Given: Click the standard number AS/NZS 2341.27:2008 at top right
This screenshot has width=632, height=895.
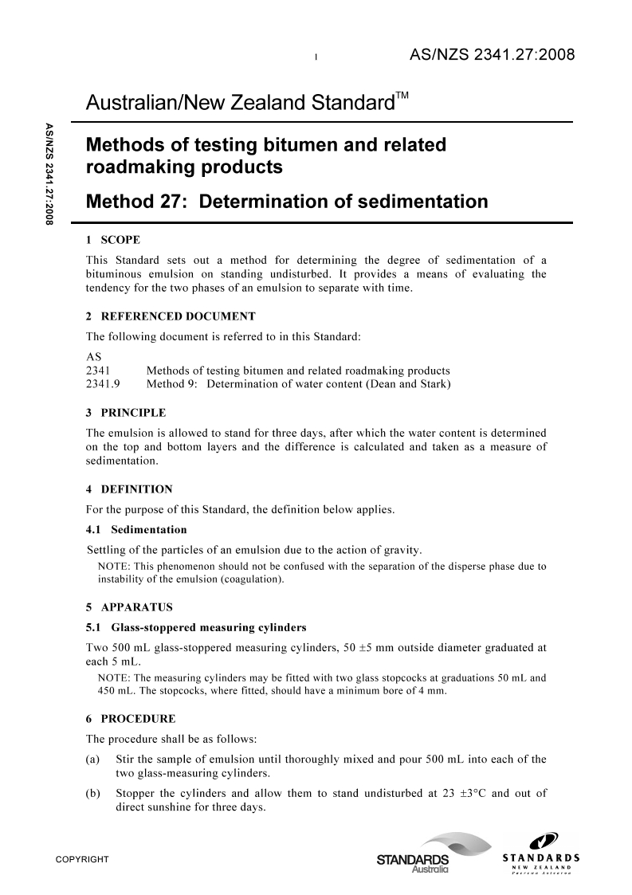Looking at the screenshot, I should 491,55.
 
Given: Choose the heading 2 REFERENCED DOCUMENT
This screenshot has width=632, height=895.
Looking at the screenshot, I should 170,316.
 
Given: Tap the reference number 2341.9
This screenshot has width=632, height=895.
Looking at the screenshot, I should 102,385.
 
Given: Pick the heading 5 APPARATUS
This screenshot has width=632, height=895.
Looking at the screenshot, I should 128,606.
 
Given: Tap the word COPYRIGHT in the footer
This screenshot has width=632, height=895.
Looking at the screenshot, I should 81,859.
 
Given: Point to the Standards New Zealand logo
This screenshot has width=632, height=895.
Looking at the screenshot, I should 540,853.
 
